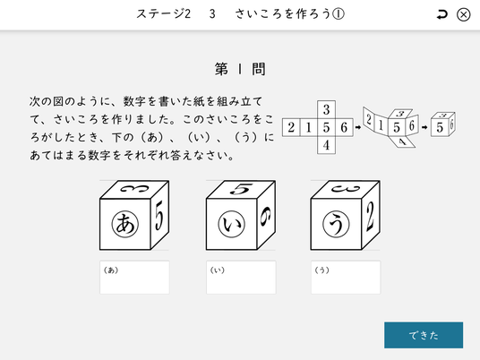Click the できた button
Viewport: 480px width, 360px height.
click(x=424, y=335)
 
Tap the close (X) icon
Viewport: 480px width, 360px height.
click(x=464, y=14)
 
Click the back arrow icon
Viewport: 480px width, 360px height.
click(x=441, y=14)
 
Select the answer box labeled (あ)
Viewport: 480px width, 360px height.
click(x=134, y=278)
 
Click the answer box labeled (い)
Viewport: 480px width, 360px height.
click(x=241, y=278)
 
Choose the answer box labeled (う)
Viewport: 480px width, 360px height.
click(x=346, y=278)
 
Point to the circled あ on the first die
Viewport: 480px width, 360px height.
click(x=125, y=224)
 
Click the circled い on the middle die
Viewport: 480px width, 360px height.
click(x=232, y=224)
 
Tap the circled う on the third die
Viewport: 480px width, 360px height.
click(x=337, y=224)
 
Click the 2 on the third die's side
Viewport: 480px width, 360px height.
click(x=371, y=216)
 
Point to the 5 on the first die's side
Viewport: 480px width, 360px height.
click(x=159, y=216)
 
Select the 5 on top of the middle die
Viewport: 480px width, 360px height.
click(x=242, y=189)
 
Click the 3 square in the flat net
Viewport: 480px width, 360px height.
click(x=326, y=109)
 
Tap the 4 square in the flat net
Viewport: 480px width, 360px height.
click(x=326, y=145)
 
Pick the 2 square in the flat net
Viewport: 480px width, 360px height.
click(x=291, y=127)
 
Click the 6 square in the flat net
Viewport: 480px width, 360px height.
click(x=344, y=127)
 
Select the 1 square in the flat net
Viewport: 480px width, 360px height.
click(x=309, y=127)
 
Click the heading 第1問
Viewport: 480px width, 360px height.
click(x=240, y=69)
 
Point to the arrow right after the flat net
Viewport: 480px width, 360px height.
click(x=358, y=127)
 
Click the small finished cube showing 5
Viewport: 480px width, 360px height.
click(x=443, y=124)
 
